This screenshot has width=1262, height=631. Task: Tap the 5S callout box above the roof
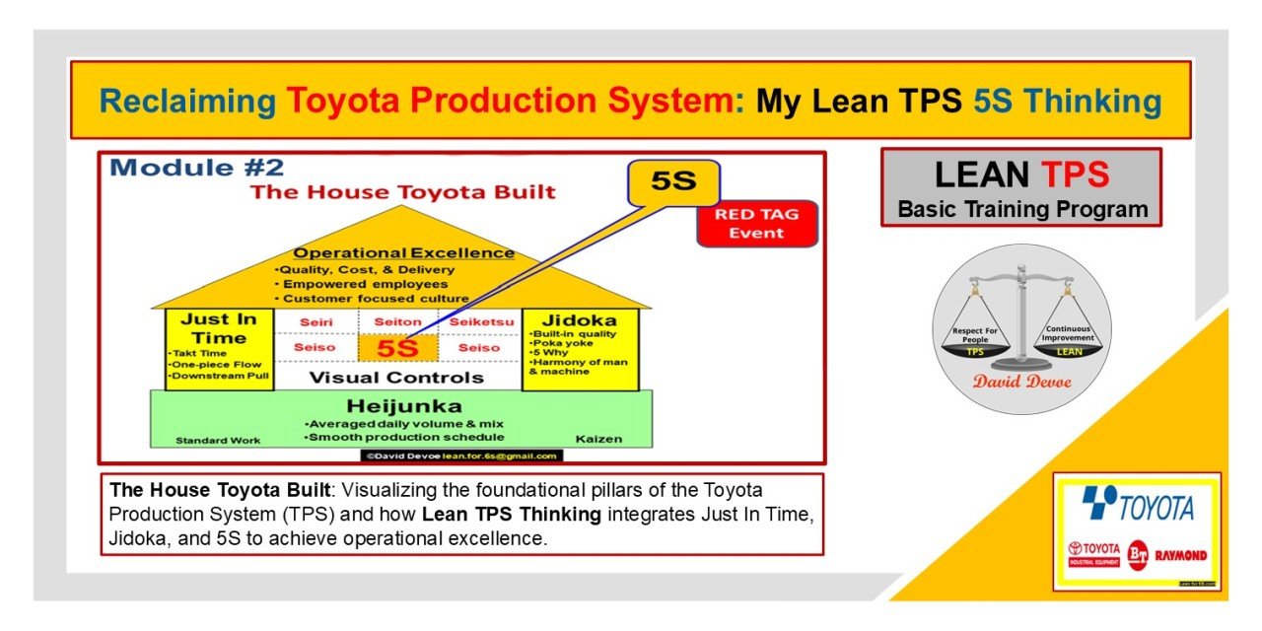point(673,182)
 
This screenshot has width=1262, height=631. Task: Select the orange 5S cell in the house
point(398,348)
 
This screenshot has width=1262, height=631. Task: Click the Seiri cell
point(316,322)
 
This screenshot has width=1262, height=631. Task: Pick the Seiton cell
point(398,322)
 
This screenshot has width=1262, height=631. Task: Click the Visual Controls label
point(397,378)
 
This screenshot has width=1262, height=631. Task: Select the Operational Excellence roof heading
point(403,252)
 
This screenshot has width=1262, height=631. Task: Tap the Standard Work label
point(218,440)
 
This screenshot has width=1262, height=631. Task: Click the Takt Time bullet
point(198,353)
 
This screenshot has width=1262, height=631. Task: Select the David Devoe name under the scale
point(1021,382)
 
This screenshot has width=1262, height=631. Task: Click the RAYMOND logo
point(1181,555)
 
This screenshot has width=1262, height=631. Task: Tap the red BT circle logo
point(1139,554)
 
